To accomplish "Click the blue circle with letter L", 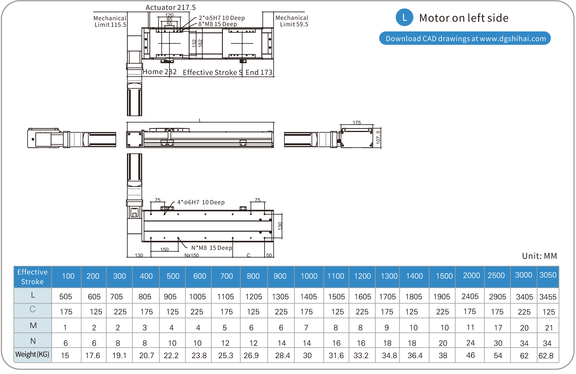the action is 404,18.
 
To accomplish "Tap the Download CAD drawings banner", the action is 465,38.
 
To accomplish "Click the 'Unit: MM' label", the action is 539,256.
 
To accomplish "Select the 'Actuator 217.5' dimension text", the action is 171,8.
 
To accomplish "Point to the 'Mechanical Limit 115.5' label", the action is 110,21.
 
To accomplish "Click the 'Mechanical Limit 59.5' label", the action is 292,21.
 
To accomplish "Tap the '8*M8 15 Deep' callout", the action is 218,24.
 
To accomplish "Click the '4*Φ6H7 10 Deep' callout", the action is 201,202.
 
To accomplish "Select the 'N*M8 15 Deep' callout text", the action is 211,248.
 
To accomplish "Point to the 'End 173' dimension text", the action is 259,73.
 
